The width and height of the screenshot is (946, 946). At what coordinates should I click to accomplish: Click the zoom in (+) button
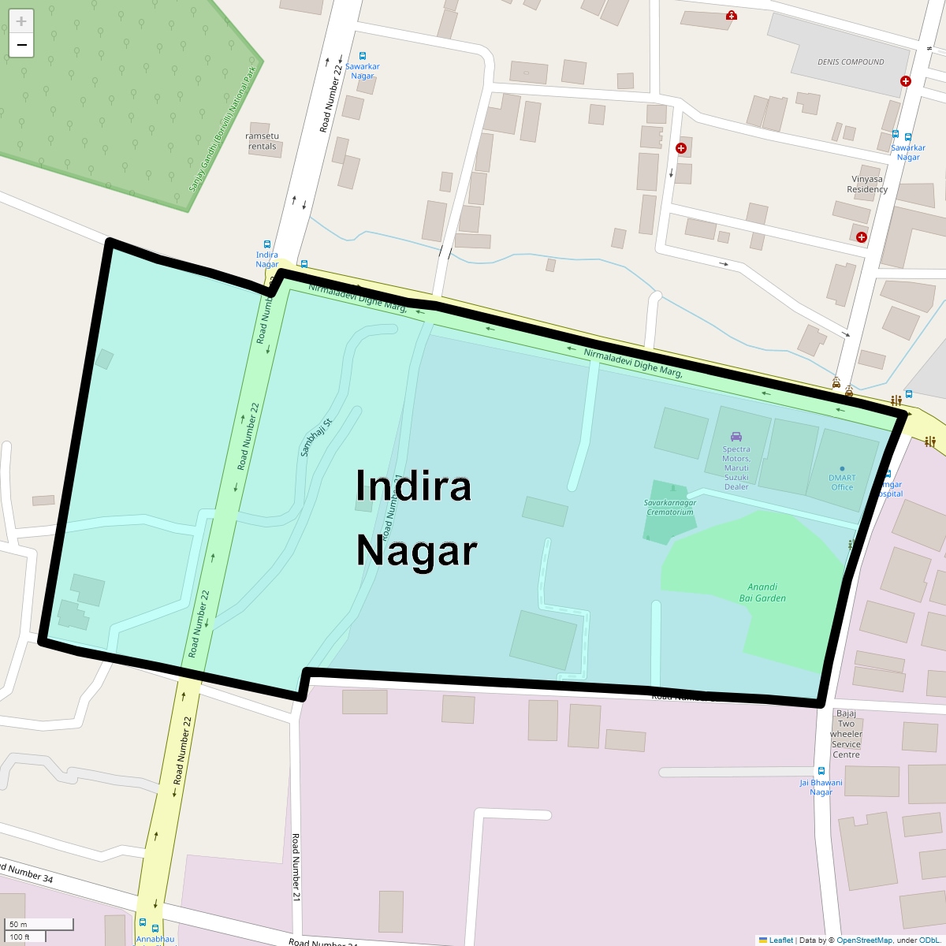[x=21, y=21]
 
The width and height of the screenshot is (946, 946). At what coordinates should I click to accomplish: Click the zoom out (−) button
[x=21, y=46]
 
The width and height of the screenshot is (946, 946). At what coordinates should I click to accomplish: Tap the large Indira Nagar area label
[x=415, y=518]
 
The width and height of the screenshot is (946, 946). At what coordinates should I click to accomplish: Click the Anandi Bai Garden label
[x=762, y=593]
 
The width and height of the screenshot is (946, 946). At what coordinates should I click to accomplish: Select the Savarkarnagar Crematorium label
[x=669, y=508]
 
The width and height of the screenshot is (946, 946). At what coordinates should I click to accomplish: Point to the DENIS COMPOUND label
[x=851, y=62]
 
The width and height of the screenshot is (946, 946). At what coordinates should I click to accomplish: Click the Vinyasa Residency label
[x=867, y=184]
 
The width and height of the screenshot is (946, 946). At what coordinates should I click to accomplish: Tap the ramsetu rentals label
[x=263, y=141]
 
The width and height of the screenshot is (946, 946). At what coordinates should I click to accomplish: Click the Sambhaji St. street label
[x=317, y=437]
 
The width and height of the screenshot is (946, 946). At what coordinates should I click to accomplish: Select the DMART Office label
[x=842, y=482]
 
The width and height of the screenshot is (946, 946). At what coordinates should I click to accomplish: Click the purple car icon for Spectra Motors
[x=736, y=437]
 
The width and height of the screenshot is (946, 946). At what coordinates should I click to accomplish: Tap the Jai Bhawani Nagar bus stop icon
[x=821, y=771]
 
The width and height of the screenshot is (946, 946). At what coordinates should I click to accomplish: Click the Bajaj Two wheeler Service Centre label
[x=846, y=734]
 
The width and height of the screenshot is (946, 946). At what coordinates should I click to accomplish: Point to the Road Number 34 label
[x=27, y=873]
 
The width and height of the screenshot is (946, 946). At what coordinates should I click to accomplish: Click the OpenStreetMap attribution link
[x=864, y=940]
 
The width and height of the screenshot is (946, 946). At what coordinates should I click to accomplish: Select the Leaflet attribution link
[x=780, y=940]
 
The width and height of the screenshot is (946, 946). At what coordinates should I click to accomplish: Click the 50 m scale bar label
[x=18, y=924]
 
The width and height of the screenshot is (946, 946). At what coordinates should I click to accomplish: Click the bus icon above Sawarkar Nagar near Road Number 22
[x=363, y=56]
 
